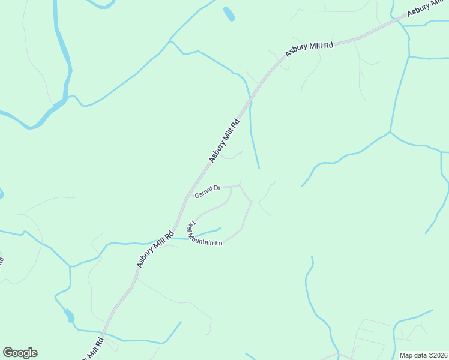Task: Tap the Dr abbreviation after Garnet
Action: point(217,188)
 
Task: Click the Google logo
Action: point(20,353)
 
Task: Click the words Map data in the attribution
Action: point(413,355)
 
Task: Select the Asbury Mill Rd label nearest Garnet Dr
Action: point(224,140)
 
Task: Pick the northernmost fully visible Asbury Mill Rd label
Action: point(309,45)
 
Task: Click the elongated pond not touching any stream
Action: point(228,14)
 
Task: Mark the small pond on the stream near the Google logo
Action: point(69,316)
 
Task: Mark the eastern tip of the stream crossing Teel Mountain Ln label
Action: point(220,228)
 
